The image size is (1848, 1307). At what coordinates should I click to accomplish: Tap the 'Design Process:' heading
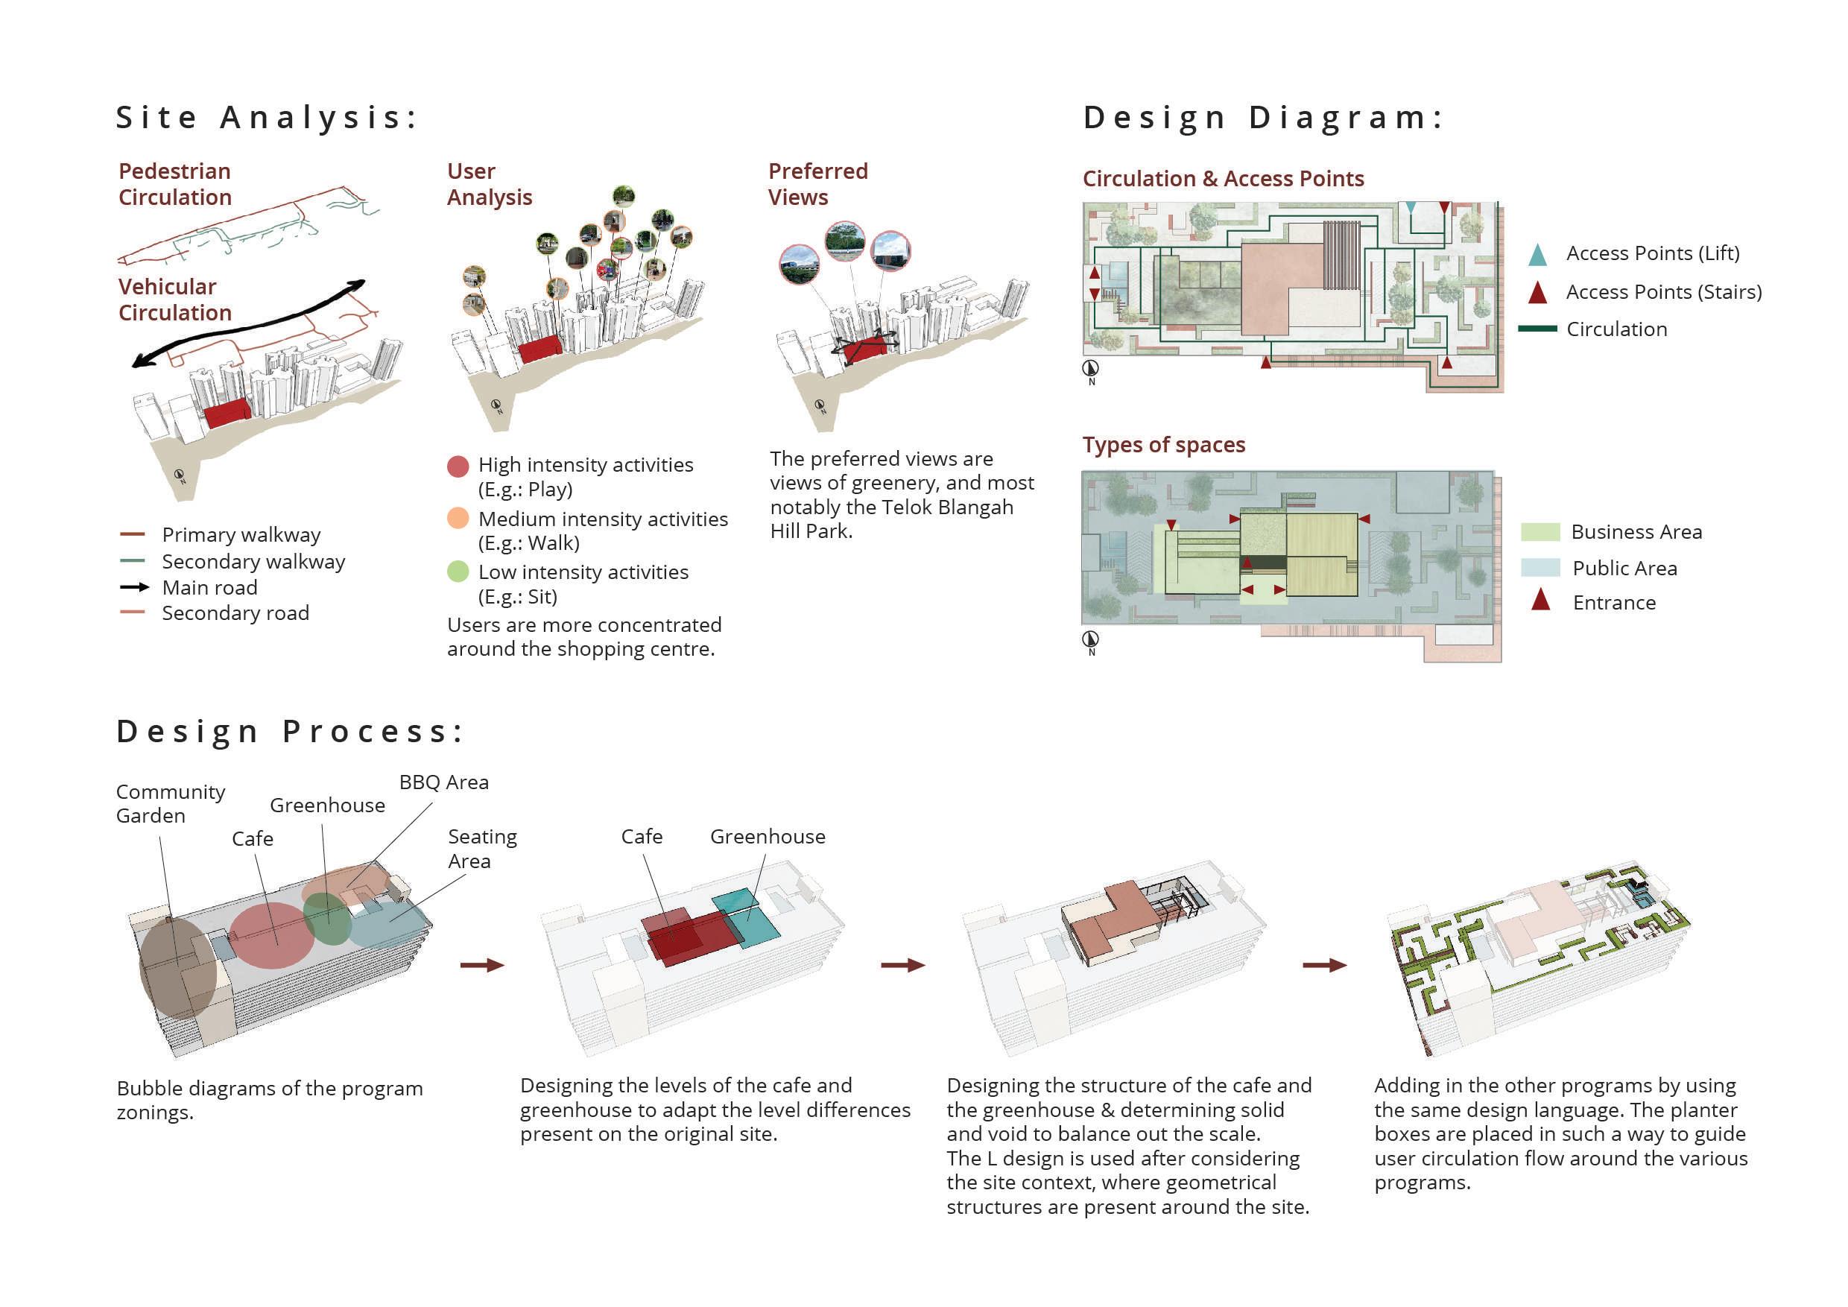coord(290,732)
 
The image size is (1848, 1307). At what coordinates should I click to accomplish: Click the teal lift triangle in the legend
coord(1537,255)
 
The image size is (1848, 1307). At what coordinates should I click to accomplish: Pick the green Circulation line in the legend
coord(1537,329)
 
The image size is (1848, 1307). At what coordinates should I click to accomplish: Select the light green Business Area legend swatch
coord(1540,532)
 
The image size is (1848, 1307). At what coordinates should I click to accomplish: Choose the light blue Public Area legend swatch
coord(1540,567)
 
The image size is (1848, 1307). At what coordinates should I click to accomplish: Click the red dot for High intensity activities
coord(458,466)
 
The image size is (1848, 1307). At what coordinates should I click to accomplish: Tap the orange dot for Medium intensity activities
coord(458,519)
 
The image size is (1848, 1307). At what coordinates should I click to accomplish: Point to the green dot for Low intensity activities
coord(458,572)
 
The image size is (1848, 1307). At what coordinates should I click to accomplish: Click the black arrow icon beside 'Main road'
coord(134,587)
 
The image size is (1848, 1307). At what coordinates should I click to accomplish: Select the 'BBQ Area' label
coord(443,782)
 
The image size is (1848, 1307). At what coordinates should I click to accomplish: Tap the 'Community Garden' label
coord(170,803)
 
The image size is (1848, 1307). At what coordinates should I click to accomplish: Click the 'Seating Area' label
coord(482,848)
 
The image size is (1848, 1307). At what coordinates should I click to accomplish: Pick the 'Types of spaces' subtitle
coord(1163,445)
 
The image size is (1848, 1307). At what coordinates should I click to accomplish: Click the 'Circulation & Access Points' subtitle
coord(1223,179)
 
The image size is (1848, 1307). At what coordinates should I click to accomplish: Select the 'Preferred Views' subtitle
coord(817,184)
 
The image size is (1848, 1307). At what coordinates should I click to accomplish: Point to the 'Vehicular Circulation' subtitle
coord(174,300)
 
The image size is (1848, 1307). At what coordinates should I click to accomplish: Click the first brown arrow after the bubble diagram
coord(482,965)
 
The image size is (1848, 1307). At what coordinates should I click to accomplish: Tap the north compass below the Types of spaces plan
coord(1091,640)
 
